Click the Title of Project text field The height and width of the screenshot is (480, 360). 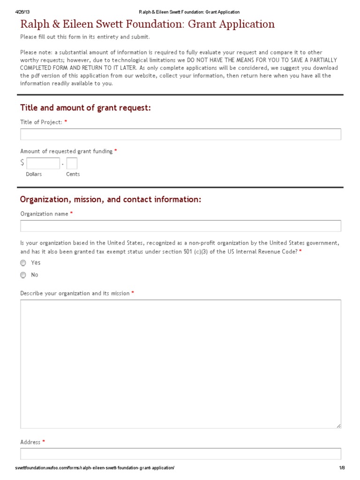coord(180,135)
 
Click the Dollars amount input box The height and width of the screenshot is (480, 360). coord(43,164)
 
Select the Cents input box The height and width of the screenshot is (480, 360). coord(72,164)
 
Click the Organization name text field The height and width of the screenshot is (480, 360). coord(180,226)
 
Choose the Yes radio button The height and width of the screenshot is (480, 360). coord(23,263)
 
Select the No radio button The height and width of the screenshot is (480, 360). coord(23,275)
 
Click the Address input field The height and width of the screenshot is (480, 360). coord(180,454)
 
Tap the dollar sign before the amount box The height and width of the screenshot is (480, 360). coord(22,163)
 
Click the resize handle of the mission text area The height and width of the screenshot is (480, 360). coord(338,425)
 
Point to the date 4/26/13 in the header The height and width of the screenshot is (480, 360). coord(22,12)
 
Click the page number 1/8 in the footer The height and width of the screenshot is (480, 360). coord(342,468)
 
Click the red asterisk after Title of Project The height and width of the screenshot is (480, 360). coord(66,122)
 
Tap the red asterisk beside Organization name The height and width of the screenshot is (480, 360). coord(71,214)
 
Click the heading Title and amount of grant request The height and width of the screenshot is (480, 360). coord(85,108)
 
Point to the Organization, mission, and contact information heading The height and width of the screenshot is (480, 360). coord(111,200)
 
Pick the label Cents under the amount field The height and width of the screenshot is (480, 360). coord(73,174)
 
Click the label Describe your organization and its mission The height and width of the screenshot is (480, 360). coord(75,293)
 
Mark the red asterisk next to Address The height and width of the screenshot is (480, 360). coord(44,442)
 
